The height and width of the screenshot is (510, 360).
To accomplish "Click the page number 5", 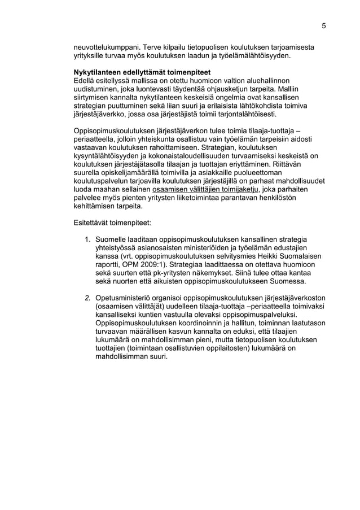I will coord(324,25).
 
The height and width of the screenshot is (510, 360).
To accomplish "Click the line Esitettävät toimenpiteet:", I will coord(112,223).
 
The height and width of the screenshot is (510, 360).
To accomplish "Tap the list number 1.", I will coord(87,239).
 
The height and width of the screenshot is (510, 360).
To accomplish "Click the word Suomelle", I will coord(114,239).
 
